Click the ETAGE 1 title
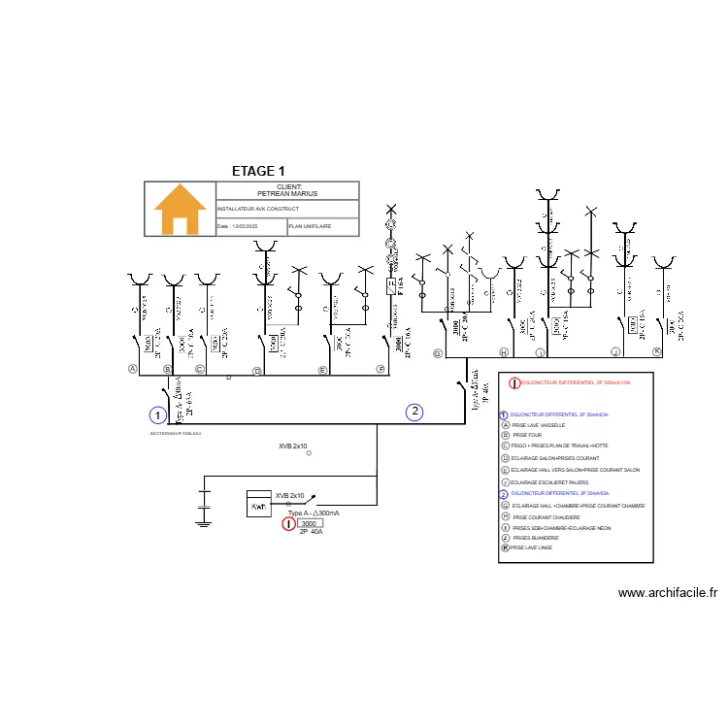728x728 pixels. click(258, 172)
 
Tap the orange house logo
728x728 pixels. click(181, 210)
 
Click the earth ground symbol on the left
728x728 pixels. click(203, 522)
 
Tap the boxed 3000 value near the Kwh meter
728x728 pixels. click(309, 523)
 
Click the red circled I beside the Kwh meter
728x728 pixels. click(287, 524)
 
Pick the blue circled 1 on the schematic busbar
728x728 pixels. click(157, 415)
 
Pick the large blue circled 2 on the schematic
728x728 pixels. click(414, 412)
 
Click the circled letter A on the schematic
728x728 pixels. click(133, 369)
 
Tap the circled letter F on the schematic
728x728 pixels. click(381, 370)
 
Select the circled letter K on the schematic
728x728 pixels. click(656, 351)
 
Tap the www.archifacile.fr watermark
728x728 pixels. click(667, 592)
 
